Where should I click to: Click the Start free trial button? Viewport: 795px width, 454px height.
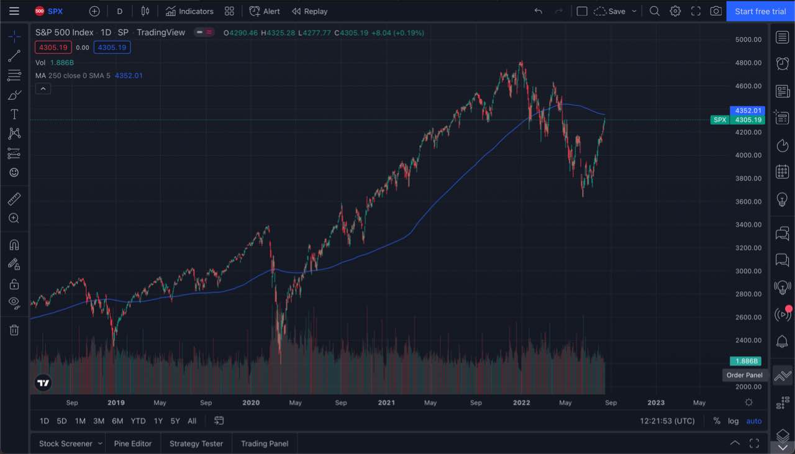point(760,11)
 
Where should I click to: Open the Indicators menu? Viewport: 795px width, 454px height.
point(189,11)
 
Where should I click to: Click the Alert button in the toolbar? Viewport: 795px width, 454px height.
point(265,11)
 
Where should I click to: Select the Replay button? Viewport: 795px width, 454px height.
point(309,11)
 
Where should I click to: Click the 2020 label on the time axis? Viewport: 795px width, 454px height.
point(251,402)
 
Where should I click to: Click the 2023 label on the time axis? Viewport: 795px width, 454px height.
point(656,402)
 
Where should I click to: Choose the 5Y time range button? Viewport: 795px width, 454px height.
point(175,421)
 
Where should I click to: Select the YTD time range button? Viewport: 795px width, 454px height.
point(138,421)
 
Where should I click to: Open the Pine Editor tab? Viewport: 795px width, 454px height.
point(133,443)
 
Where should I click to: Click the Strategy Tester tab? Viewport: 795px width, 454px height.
point(196,443)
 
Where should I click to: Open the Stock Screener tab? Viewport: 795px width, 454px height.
point(65,443)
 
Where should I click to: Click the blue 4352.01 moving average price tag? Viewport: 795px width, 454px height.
point(748,111)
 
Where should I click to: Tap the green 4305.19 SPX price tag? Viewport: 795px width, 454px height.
point(748,120)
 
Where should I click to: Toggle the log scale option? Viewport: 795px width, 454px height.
point(734,421)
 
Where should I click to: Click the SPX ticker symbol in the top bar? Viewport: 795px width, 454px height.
point(55,11)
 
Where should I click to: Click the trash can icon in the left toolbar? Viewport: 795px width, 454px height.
point(14,330)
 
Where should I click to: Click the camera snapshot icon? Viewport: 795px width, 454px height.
point(716,11)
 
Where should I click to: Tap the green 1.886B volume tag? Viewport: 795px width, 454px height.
point(746,361)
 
